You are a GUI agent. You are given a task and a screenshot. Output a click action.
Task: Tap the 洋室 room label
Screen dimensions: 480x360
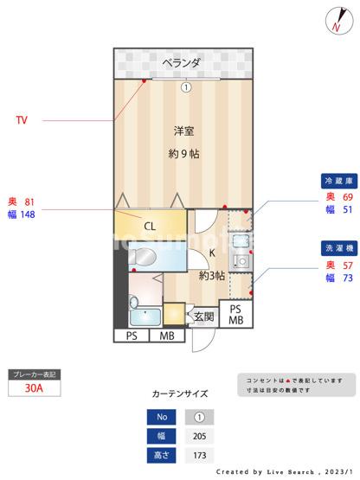click(x=183, y=131)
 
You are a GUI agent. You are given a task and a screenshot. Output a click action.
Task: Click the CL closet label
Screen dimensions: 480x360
click(x=150, y=227)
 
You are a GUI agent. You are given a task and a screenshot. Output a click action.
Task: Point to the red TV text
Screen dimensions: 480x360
click(x=21, y=120)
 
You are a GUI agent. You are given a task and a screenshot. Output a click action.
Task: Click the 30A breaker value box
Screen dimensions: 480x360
click(x=34, y=389)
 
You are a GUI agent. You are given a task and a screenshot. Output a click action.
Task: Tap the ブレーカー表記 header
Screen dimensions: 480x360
click(x=34, y=374)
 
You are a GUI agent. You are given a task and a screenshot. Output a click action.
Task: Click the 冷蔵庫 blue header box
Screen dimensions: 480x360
click(x=337, y=182)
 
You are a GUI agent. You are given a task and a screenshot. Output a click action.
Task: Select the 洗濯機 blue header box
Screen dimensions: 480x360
click(x=337, y=247)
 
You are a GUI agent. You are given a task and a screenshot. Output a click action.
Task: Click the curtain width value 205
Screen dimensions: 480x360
click(x=199, y=436)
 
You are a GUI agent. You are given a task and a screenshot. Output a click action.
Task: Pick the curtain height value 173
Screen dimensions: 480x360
click(x=199, y=455)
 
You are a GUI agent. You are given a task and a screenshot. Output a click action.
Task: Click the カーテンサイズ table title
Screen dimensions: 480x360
click(x=179, y=394)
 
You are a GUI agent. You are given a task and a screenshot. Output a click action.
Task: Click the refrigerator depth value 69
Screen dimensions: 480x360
click(x=347, y=197)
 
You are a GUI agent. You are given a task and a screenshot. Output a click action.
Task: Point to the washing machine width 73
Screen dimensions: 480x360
click(x=347, y=278)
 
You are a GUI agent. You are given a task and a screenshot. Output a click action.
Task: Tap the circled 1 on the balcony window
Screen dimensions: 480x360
click(x=184, y=86)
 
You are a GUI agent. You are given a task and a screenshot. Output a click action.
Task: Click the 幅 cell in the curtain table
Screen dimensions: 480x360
click(x=163, y=436)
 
